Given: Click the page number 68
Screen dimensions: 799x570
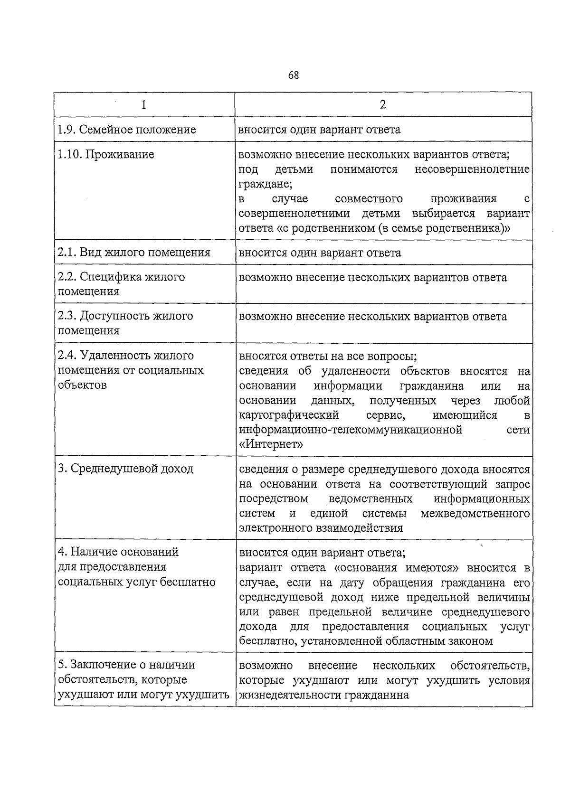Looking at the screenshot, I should tap(293, 75).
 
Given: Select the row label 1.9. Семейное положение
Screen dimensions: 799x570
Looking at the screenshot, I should tap(127, 130).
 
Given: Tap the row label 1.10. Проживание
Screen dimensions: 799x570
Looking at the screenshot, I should tap(106, 154).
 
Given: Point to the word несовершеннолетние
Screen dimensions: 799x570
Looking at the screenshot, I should tap(472, 169).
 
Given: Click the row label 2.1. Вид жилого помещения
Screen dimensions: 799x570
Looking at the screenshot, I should tap(134, 252).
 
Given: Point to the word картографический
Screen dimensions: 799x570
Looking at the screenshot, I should tap(289, 415).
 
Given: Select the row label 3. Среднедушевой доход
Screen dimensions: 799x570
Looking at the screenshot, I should tap(125, 469).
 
